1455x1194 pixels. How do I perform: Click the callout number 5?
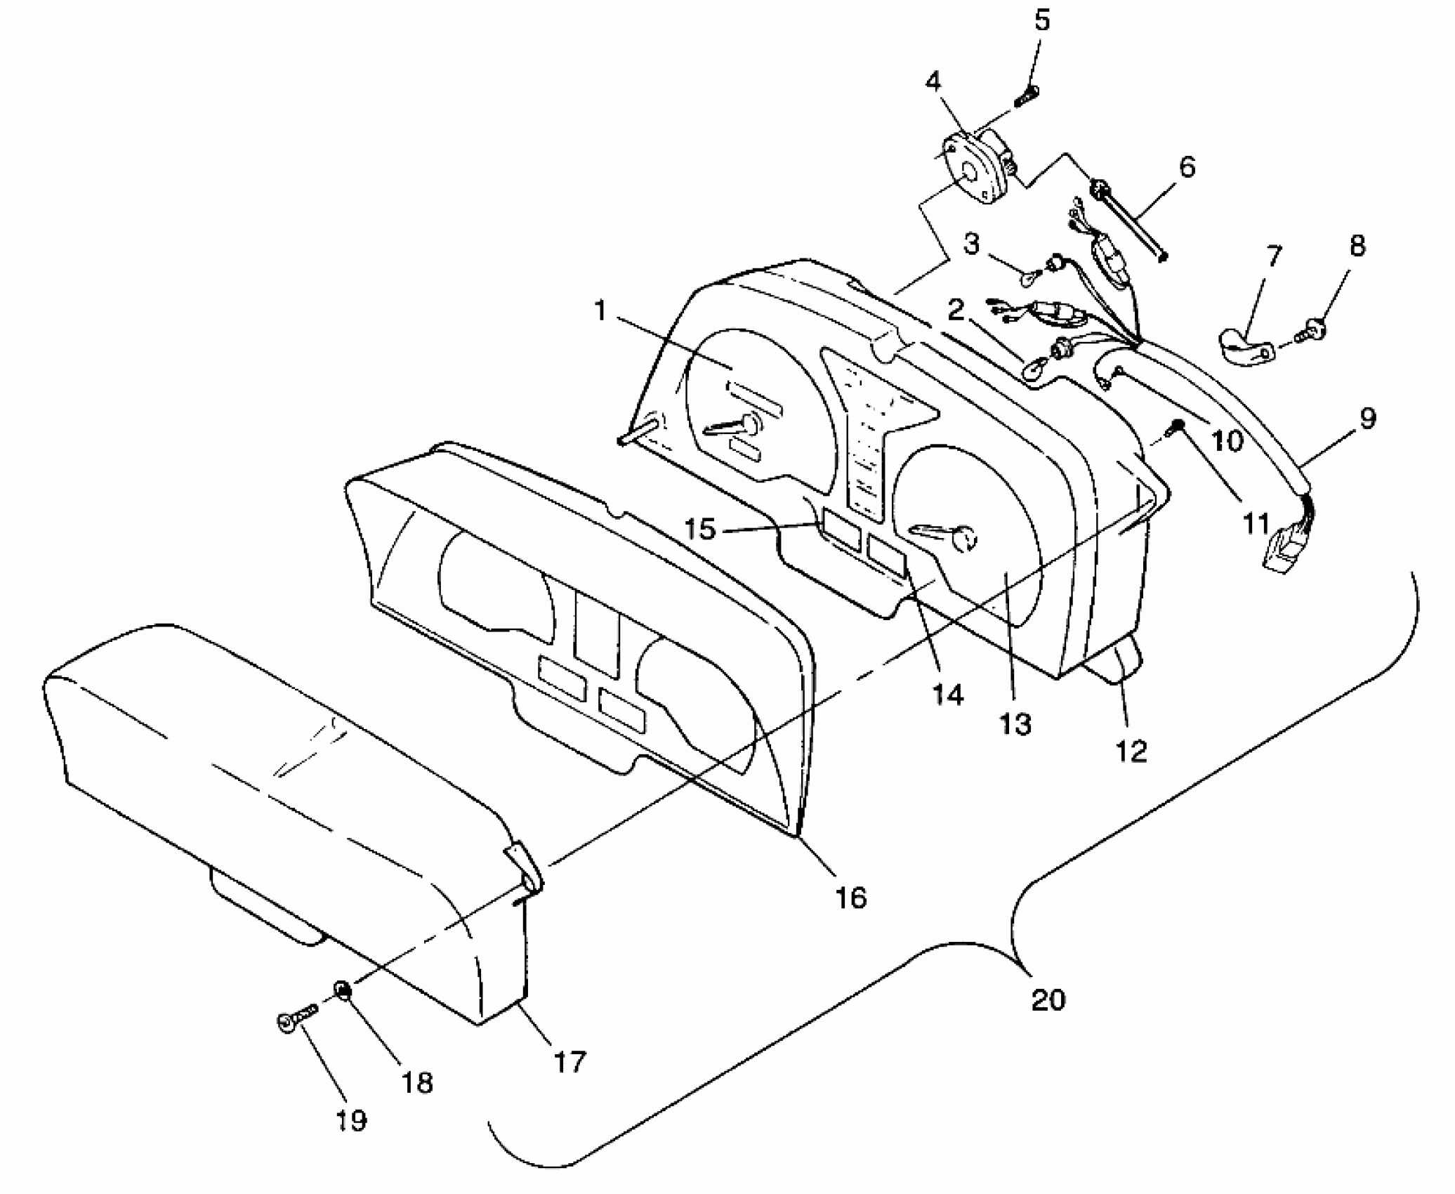(x=1042, y=21)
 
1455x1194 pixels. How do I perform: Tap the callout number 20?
(x=1048, y=999)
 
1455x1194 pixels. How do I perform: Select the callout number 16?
(x=850, y=897)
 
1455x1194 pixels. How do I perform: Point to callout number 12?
(x=1131, y=752)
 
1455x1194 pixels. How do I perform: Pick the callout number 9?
(x=1367, y=419)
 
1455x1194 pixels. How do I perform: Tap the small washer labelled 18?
(x=343, y=991)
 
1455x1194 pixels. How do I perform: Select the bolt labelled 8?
(x=1316, y=327)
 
